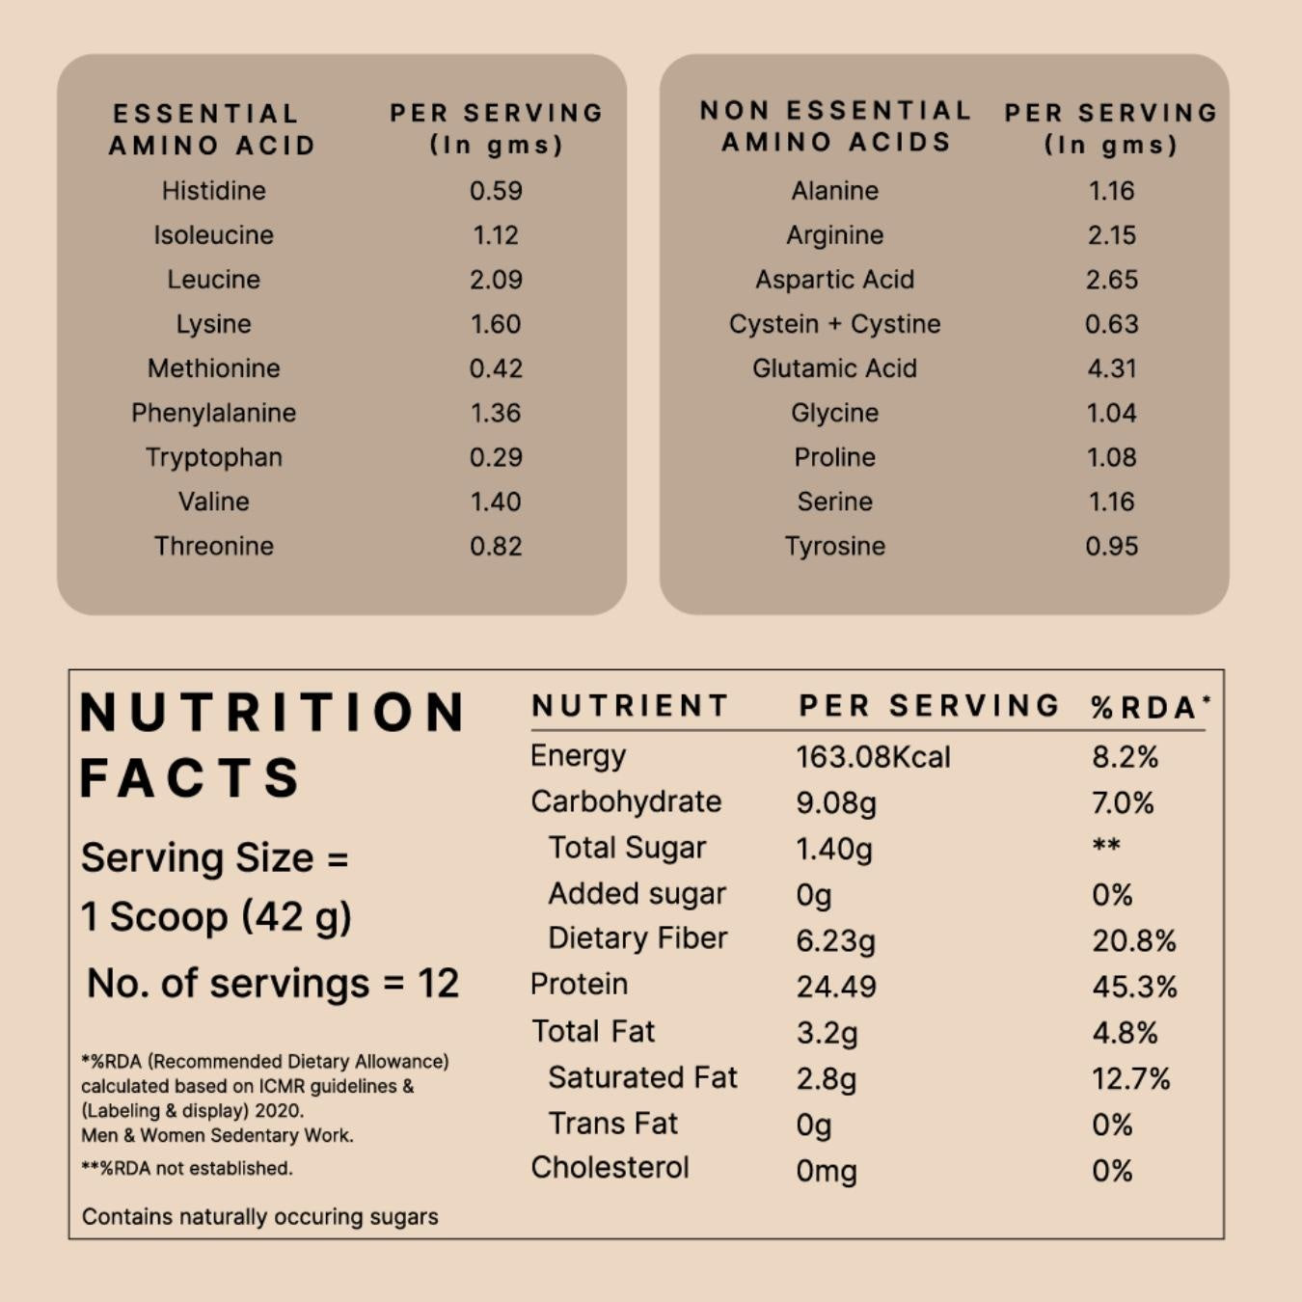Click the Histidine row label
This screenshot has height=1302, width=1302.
213,191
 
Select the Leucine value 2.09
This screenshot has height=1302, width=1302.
496,280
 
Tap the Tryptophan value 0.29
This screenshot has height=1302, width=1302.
496,457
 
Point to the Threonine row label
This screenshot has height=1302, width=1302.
213,546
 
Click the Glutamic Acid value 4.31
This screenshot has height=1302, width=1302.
1111,368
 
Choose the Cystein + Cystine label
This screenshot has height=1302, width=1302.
834,324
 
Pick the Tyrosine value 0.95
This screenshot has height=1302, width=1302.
1111,546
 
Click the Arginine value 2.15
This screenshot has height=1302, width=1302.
1111,235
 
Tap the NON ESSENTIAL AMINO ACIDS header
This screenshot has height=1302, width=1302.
835,126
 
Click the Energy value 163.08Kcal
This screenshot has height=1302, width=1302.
873,757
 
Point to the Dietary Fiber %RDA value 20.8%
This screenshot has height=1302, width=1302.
1133,941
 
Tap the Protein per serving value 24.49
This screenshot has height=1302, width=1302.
835,987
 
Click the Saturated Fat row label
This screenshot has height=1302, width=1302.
642,1077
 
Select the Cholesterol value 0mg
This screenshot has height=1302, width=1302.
826,1171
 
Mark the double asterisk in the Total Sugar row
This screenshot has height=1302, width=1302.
1106,846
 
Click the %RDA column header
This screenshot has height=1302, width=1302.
1150,707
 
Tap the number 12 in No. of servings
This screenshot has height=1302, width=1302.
438,984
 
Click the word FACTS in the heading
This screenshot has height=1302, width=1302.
190,778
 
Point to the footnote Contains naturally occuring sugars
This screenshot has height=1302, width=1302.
259,1217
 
